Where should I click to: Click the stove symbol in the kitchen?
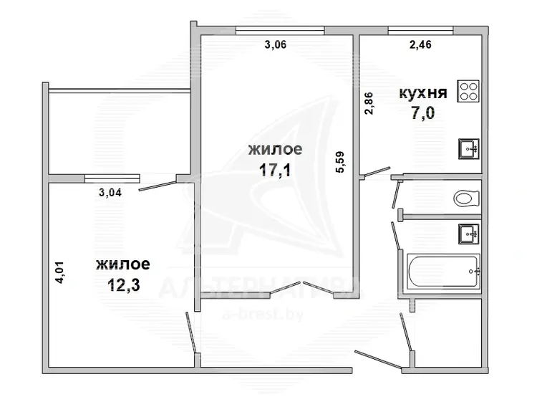[468, 91]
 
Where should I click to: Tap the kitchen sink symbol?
[468, 149]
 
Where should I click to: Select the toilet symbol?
[466, 198]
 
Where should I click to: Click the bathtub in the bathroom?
[443, 272]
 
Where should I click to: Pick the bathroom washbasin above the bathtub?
[468, 234]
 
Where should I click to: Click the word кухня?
[423, 93]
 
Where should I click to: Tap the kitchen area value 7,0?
[423, 113]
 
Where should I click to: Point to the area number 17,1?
[275, 170]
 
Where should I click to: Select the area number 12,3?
[124, 284]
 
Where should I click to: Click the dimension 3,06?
[276, 44]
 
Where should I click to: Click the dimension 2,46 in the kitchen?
[420, 44]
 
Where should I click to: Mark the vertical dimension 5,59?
[341, 162]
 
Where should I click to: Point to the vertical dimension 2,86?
[369, 103]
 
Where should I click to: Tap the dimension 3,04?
[110, 193]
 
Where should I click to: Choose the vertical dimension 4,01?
[60, 272]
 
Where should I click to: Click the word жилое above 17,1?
[276, 150]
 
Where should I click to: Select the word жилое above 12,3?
[123, 264]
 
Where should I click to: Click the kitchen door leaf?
[377, 172]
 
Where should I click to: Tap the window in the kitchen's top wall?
[420, 31]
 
